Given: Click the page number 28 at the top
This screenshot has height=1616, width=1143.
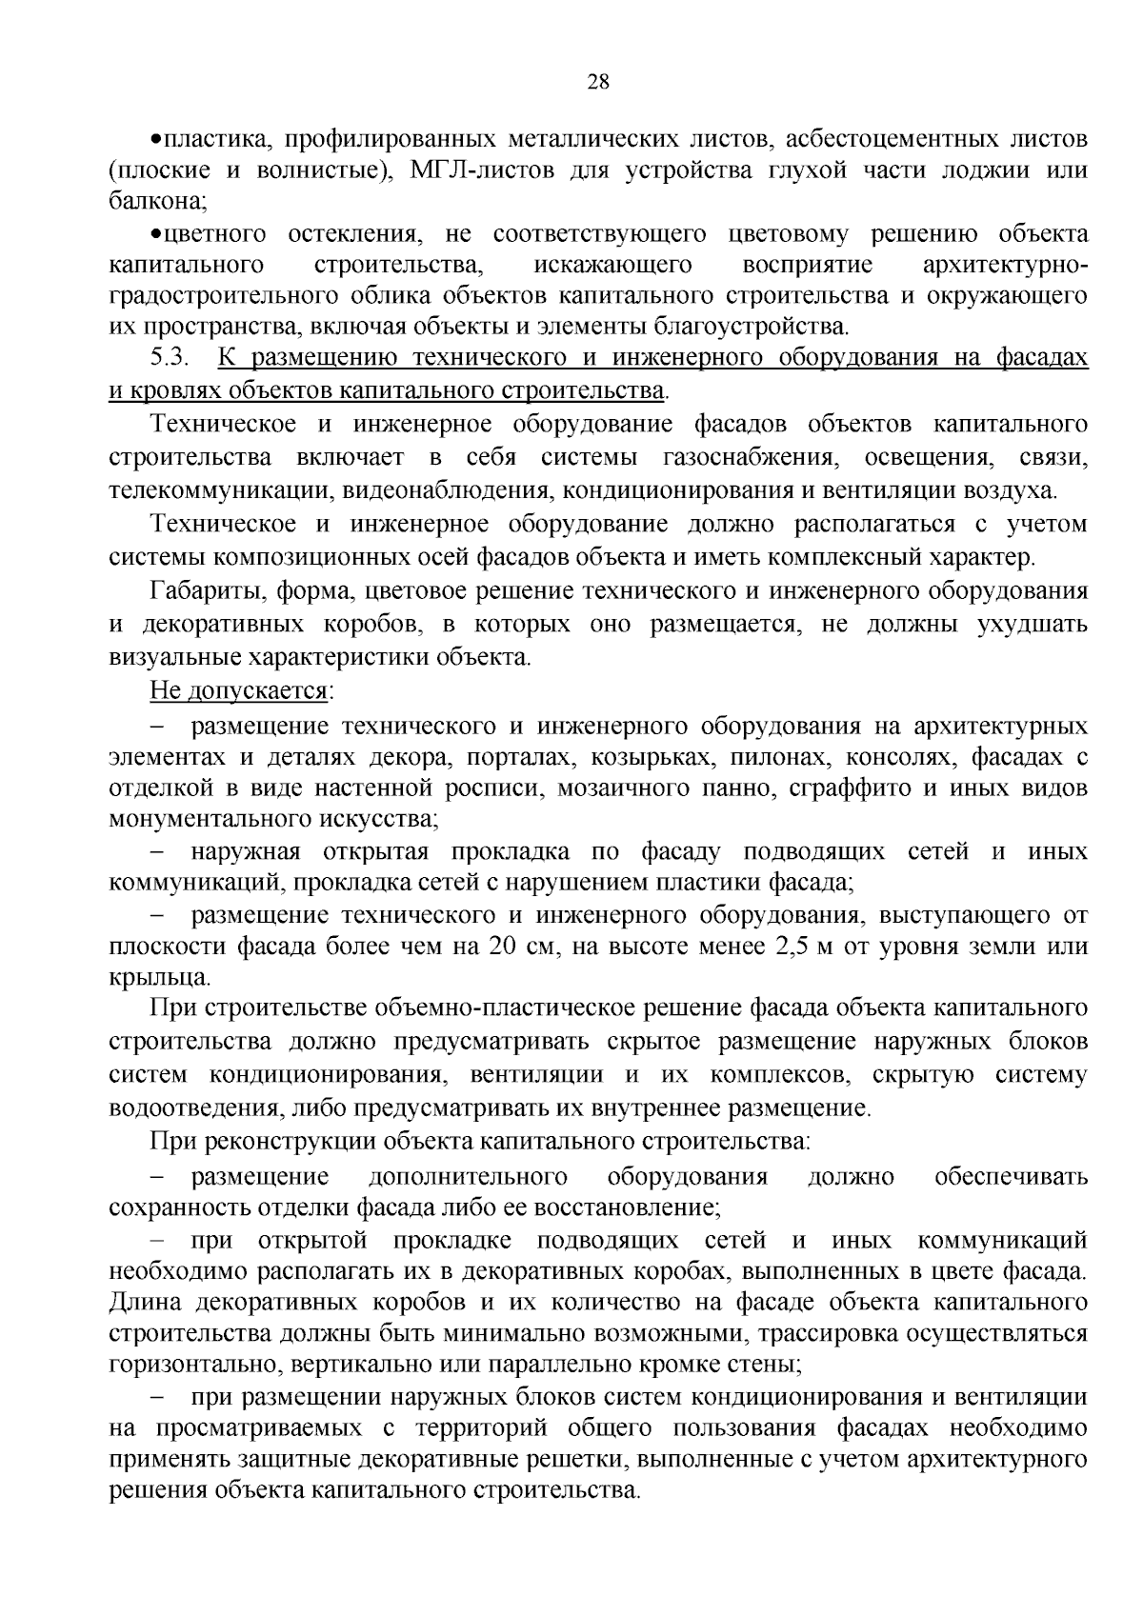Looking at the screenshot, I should (x=598, y=82).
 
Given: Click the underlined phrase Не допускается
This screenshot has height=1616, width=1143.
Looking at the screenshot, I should (x=237, y=690).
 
